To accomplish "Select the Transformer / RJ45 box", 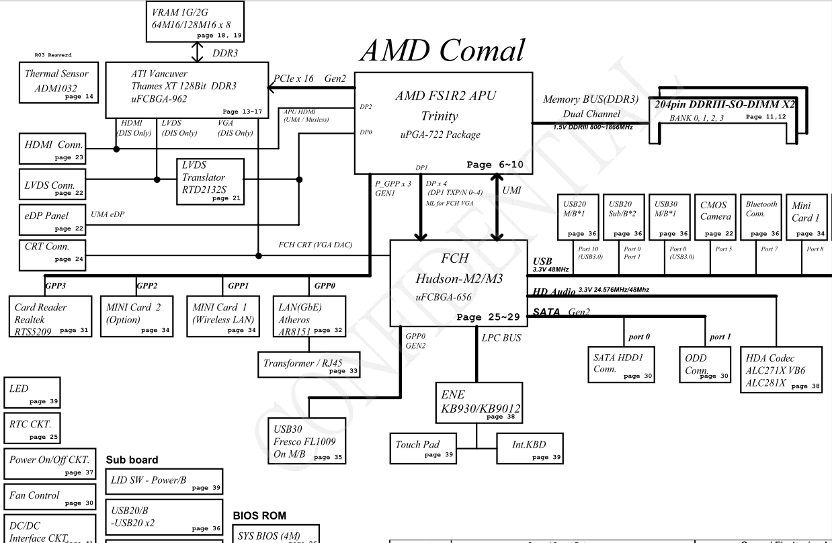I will [308, 364].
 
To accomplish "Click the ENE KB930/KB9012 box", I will [477, 403].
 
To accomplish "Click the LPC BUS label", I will [501, 338].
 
